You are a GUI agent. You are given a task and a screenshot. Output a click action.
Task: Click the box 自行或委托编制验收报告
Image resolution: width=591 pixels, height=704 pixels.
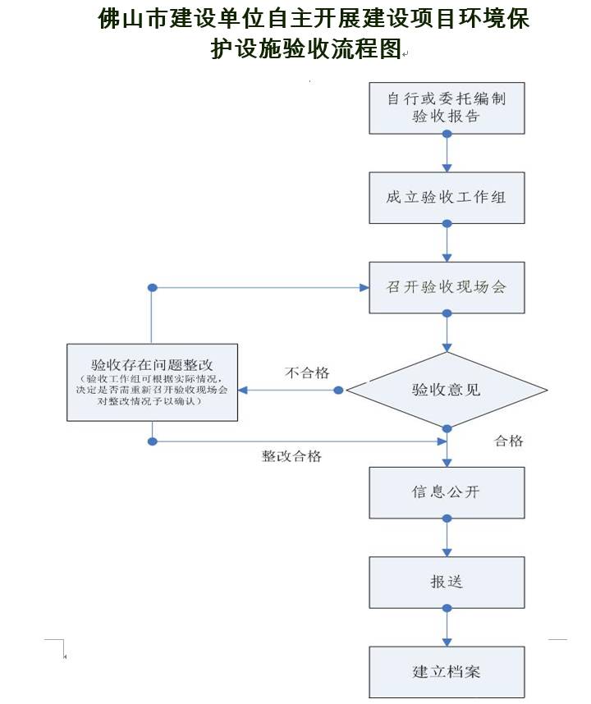[x=447, y=107]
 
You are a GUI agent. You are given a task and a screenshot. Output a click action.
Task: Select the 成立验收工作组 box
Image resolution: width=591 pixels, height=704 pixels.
[x=447, y=198]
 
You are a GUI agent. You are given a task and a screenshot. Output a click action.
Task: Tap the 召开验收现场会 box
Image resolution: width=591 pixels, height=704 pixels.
[x=447, y=287]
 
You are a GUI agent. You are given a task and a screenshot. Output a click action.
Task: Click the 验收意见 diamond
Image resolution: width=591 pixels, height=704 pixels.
[x=447, y=390]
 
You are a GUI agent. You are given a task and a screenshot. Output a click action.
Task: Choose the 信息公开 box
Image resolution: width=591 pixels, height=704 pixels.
[x=447, y=492]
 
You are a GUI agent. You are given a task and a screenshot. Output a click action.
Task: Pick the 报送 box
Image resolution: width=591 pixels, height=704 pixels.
[x=447, y=582]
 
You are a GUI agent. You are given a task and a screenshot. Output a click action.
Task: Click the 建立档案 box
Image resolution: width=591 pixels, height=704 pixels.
[x=447, y=671]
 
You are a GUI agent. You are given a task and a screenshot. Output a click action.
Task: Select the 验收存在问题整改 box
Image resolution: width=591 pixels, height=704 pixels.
[x=152, y=382]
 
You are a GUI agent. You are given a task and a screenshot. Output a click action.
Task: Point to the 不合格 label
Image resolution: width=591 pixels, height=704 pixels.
[x=307, y=373]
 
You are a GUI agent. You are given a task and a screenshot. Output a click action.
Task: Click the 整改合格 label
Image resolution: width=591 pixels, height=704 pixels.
[x=291, y=456]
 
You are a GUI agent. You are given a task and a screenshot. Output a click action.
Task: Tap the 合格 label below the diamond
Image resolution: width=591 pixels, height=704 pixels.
[x=508, y=441]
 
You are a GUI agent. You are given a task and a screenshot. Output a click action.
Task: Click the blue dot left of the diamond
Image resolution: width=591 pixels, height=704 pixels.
[x=338, y=391]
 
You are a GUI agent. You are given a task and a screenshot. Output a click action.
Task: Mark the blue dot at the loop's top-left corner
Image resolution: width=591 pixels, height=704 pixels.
[x=152, y=288]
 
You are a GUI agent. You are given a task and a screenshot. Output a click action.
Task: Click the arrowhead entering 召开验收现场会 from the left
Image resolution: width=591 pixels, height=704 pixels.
[x=364, y=288]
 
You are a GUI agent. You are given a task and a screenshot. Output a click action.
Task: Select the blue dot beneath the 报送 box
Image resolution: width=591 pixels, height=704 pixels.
[x=447, y=608]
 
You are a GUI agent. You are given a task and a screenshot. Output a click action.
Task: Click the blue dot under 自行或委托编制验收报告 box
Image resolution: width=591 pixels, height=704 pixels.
[x=447, y=133]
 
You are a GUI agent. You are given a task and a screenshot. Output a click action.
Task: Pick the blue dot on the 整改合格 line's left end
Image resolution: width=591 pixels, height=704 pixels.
[x=152, y=441]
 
